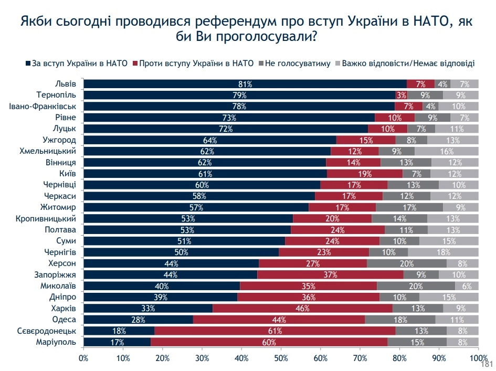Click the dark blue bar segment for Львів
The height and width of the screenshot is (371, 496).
point(245,84)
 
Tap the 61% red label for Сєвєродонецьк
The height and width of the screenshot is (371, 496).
point(275,331)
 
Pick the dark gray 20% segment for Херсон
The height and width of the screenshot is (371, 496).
point(407,263)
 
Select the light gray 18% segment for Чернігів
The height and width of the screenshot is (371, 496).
point(455,252)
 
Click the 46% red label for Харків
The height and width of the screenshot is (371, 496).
point(302,309)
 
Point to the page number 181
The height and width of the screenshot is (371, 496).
point(487,364)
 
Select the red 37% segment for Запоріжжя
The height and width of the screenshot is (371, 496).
point(330,275)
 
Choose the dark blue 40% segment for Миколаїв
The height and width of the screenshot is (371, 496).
point(162,286)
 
